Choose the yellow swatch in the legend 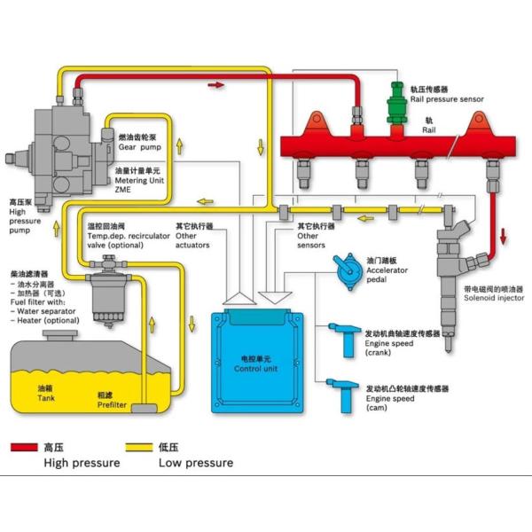138,449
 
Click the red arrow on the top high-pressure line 216,84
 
